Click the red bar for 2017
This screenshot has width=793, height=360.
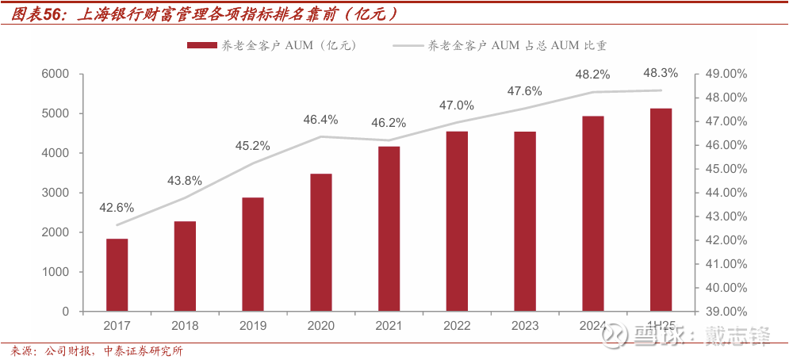117,274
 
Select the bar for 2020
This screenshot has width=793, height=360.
320,242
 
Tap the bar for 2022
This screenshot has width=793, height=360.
457,221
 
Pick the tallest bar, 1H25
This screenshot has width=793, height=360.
661,209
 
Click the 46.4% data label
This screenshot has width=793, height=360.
320,120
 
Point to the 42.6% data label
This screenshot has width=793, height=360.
117,208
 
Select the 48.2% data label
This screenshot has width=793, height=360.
592,75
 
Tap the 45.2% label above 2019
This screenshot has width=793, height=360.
252,146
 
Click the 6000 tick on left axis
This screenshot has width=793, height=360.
56,74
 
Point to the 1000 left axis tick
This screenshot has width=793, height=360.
56,272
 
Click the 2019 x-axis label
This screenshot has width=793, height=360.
252,325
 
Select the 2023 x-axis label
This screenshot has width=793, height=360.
524,325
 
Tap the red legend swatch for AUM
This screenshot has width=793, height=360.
201,45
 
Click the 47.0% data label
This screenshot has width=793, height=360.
457,105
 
